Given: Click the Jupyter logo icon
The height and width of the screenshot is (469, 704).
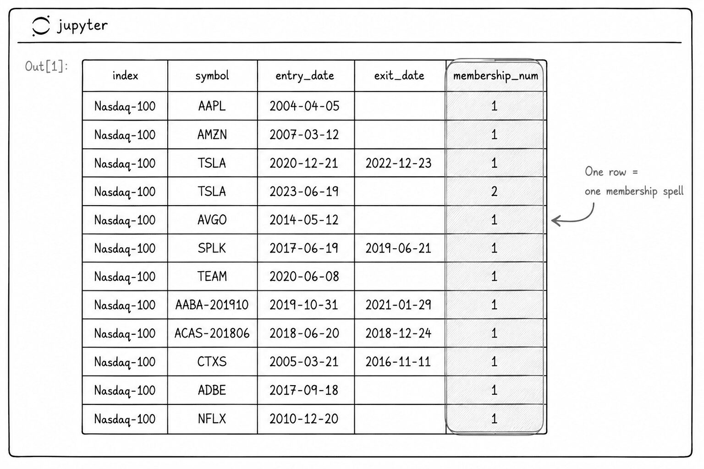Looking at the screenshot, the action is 41,26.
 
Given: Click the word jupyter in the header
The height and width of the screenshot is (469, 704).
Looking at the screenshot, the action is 82,26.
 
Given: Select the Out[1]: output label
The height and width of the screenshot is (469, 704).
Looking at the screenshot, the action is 46,66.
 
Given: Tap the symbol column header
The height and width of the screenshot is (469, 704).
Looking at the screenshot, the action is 212,76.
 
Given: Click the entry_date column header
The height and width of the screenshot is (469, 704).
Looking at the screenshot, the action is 304,76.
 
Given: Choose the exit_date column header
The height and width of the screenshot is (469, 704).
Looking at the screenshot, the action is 399,76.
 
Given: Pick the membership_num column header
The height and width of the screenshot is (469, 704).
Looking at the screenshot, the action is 495,76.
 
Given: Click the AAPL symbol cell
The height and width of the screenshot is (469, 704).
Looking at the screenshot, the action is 212,106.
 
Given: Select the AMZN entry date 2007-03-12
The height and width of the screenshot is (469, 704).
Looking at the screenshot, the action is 304,135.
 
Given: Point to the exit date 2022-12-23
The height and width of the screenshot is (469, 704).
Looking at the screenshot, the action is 398,164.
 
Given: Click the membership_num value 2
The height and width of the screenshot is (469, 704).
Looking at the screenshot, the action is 495,191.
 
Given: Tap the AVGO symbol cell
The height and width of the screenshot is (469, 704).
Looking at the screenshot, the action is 212,220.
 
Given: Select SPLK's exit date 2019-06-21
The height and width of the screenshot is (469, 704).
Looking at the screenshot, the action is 398,249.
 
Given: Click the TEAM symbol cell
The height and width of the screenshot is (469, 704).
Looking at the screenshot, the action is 212,277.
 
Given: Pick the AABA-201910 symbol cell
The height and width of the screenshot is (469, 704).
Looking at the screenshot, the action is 212,305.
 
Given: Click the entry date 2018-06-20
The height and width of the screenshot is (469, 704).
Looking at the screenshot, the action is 304,333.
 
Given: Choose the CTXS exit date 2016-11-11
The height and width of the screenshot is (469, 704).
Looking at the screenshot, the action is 398,362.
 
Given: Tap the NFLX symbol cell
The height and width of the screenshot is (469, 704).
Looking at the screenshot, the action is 212,419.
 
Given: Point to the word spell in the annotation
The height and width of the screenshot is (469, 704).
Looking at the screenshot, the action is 673,191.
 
